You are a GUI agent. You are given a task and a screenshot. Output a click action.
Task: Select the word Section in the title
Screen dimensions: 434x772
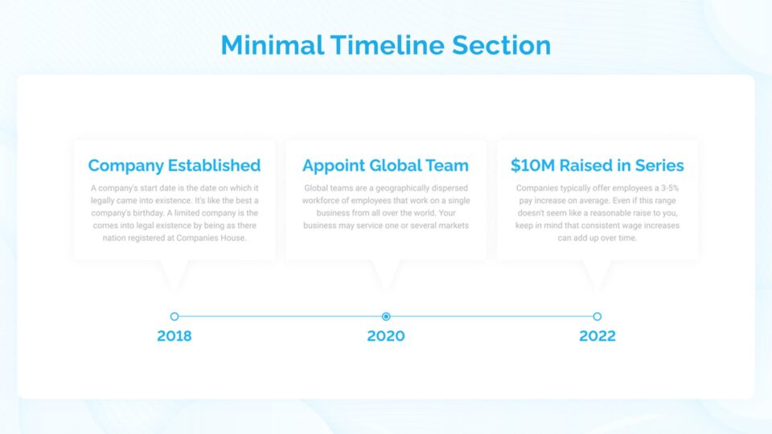501,45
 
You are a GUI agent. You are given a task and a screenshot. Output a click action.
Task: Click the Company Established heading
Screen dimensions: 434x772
175,166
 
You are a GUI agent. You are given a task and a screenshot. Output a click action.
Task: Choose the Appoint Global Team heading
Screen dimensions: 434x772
385,166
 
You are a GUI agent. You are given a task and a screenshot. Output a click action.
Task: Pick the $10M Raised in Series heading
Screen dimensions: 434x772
597,166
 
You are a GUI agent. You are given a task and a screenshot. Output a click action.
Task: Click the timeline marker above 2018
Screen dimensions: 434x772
175,317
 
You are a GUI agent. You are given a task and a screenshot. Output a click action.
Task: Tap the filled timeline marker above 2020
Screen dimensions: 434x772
386,317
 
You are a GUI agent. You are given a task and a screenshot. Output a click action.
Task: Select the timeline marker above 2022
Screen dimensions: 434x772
597,317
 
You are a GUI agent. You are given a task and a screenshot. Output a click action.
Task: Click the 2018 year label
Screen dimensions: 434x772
175,336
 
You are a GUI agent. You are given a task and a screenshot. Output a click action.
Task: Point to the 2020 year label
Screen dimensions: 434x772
386,336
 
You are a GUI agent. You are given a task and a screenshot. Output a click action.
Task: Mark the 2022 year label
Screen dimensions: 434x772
597,336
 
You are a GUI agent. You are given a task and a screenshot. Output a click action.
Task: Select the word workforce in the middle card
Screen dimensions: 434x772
322,201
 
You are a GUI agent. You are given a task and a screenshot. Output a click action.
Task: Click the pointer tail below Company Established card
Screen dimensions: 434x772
175,273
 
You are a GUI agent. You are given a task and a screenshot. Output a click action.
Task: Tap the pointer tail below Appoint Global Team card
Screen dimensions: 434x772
386,273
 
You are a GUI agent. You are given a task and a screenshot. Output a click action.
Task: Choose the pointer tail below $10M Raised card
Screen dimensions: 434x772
597,273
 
